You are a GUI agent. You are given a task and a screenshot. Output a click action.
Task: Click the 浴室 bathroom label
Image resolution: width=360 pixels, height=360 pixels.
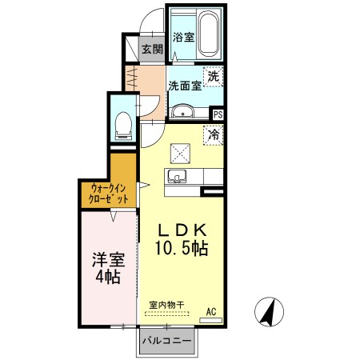click(x=182, y=37)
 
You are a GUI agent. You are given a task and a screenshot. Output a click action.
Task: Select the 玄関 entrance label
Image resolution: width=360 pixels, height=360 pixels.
click(x=152, y=49)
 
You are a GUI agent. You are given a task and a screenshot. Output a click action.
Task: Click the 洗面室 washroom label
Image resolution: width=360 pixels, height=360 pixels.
click(x=183, y=86)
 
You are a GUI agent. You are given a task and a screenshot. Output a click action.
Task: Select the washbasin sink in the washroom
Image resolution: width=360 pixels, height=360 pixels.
click(x=183, y=111)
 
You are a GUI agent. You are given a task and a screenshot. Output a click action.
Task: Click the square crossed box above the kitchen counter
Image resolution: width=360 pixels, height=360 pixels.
click(x=180, y=150)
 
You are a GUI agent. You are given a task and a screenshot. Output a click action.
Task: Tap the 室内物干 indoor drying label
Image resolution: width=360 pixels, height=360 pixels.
click(x=166, y=305)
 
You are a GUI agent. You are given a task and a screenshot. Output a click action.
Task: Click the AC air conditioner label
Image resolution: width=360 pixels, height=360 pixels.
click(x=212, y=311)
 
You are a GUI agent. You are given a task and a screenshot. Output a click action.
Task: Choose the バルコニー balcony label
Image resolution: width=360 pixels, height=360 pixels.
click(x=167, y=342)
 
